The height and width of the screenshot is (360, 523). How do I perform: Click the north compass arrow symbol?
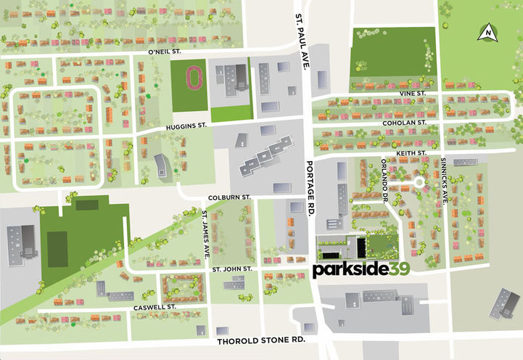tap(489, 32)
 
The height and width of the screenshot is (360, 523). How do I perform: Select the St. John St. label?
tap(231, 269)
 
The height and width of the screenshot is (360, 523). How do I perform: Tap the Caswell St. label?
tap(155, 308)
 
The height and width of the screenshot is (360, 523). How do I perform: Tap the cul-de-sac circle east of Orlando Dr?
tap(418, 183)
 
